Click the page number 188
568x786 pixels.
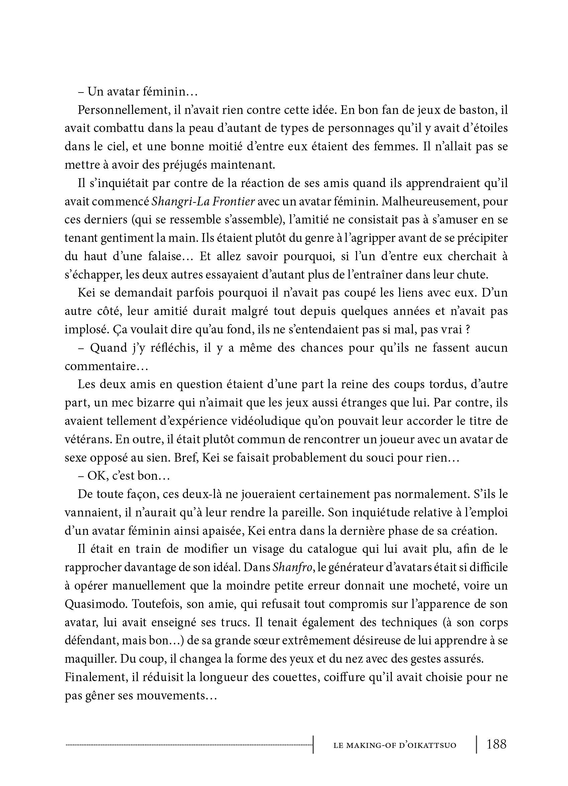coord(496,744)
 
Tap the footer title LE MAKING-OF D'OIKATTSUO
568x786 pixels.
coord(394,745)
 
